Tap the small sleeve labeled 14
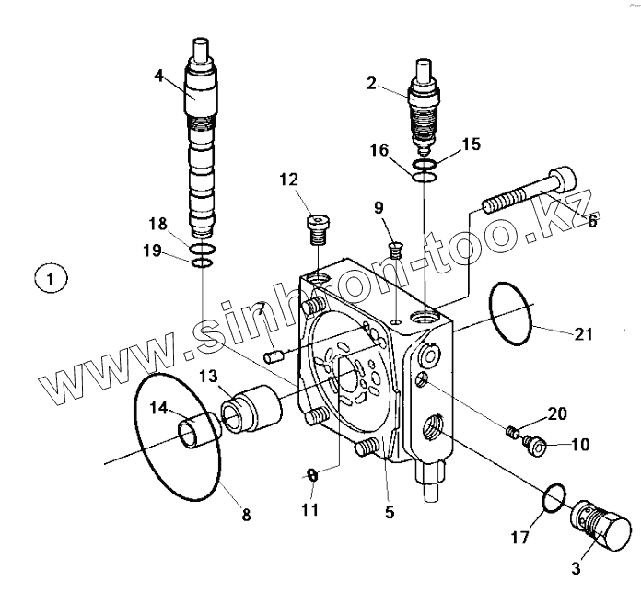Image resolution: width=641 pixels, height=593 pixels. click(x=196, y=430)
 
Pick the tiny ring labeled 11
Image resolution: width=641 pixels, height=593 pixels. click(x=312, y=474)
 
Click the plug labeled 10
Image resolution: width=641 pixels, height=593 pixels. click(x=535, y=447)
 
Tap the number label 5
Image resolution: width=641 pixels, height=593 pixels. click(x=390, y=512)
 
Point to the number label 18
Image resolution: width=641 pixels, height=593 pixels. click(x=157, y=224)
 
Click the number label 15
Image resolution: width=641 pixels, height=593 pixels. click(x=471, y=144)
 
